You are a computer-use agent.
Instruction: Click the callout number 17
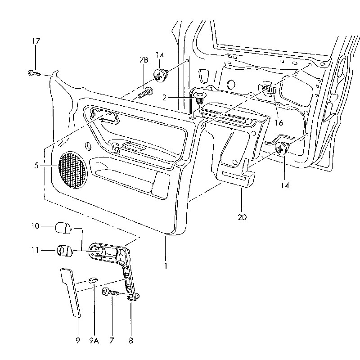click(36, 41)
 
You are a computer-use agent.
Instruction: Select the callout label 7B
click(144, 60)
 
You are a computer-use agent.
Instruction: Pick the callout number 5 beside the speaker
click(36, 166)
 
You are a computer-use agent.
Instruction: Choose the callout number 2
click(164, 97)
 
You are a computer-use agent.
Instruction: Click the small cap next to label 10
click(63, 227)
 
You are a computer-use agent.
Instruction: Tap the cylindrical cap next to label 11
click(65, 250)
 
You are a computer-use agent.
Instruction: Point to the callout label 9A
click(94, 341)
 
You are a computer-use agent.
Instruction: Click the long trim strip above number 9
click(71, 292)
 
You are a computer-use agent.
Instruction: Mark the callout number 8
click(131, 341)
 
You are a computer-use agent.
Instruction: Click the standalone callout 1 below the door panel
click(166, 266)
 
